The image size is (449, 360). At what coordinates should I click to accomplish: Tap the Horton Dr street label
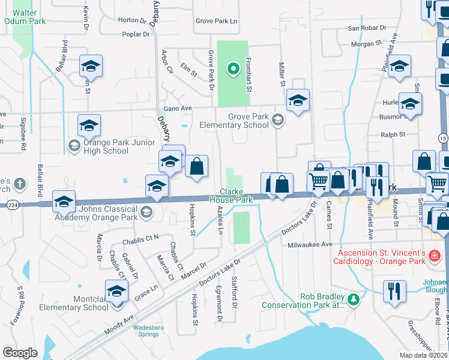coord(132,20)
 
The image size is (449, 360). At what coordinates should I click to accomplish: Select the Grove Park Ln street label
coord(217,21)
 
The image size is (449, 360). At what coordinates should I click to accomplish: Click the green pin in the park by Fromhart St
coord(233,69)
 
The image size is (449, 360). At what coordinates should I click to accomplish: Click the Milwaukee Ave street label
coord(310,245)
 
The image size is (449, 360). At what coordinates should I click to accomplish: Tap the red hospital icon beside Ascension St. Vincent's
coord(435,257)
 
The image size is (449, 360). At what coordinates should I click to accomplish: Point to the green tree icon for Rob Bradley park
coord(354,298)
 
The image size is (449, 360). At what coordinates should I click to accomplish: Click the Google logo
coord(20,353)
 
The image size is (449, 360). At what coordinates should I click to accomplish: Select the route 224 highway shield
coord(11,205)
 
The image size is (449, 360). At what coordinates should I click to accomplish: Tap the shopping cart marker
coord(318,180)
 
